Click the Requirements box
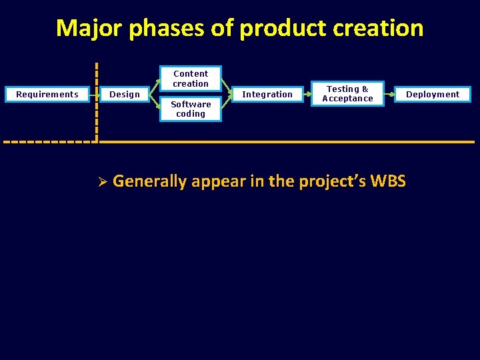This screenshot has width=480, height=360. pyautogui.click(x=47, y=95)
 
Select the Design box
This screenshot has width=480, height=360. pyautogui.click(x=125, y=95)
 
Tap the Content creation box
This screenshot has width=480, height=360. pyautogui.click(x=191, y=79)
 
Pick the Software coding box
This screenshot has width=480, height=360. pyautogui.click(x=191, y=109)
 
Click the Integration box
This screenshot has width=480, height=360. pyautogui.click(x=267, y=95)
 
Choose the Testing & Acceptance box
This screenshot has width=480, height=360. pyautogui.click(x=347, y=94)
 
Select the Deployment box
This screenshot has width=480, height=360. pyautogui.click(x=433, y=95)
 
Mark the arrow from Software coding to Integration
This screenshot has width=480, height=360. pyautogui.click(x=227, y=103)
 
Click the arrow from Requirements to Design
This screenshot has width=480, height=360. pyautogui.click(x=97, y=95)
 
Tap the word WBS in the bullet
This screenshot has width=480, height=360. pyautogui.click(x=387, y=181)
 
